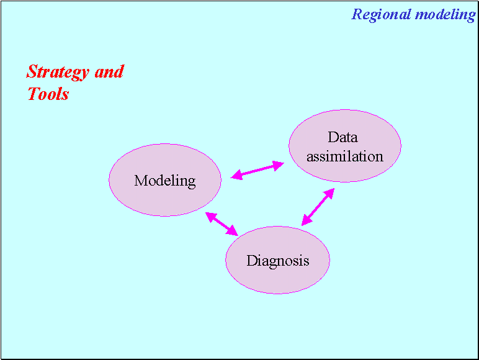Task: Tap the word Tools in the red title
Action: coord(48,94)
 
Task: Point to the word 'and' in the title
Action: coord(109,71)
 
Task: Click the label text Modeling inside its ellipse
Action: coord(164,181)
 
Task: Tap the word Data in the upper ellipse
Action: coord(343,137)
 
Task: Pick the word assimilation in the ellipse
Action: coord(345,156)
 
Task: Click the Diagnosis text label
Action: coord(277,261)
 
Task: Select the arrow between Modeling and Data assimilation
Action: coord(257,170)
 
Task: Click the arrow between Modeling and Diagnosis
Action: coord(222,223)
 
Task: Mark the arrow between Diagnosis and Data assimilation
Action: coord(318,207)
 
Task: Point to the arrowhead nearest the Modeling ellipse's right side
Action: coord(236,176)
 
